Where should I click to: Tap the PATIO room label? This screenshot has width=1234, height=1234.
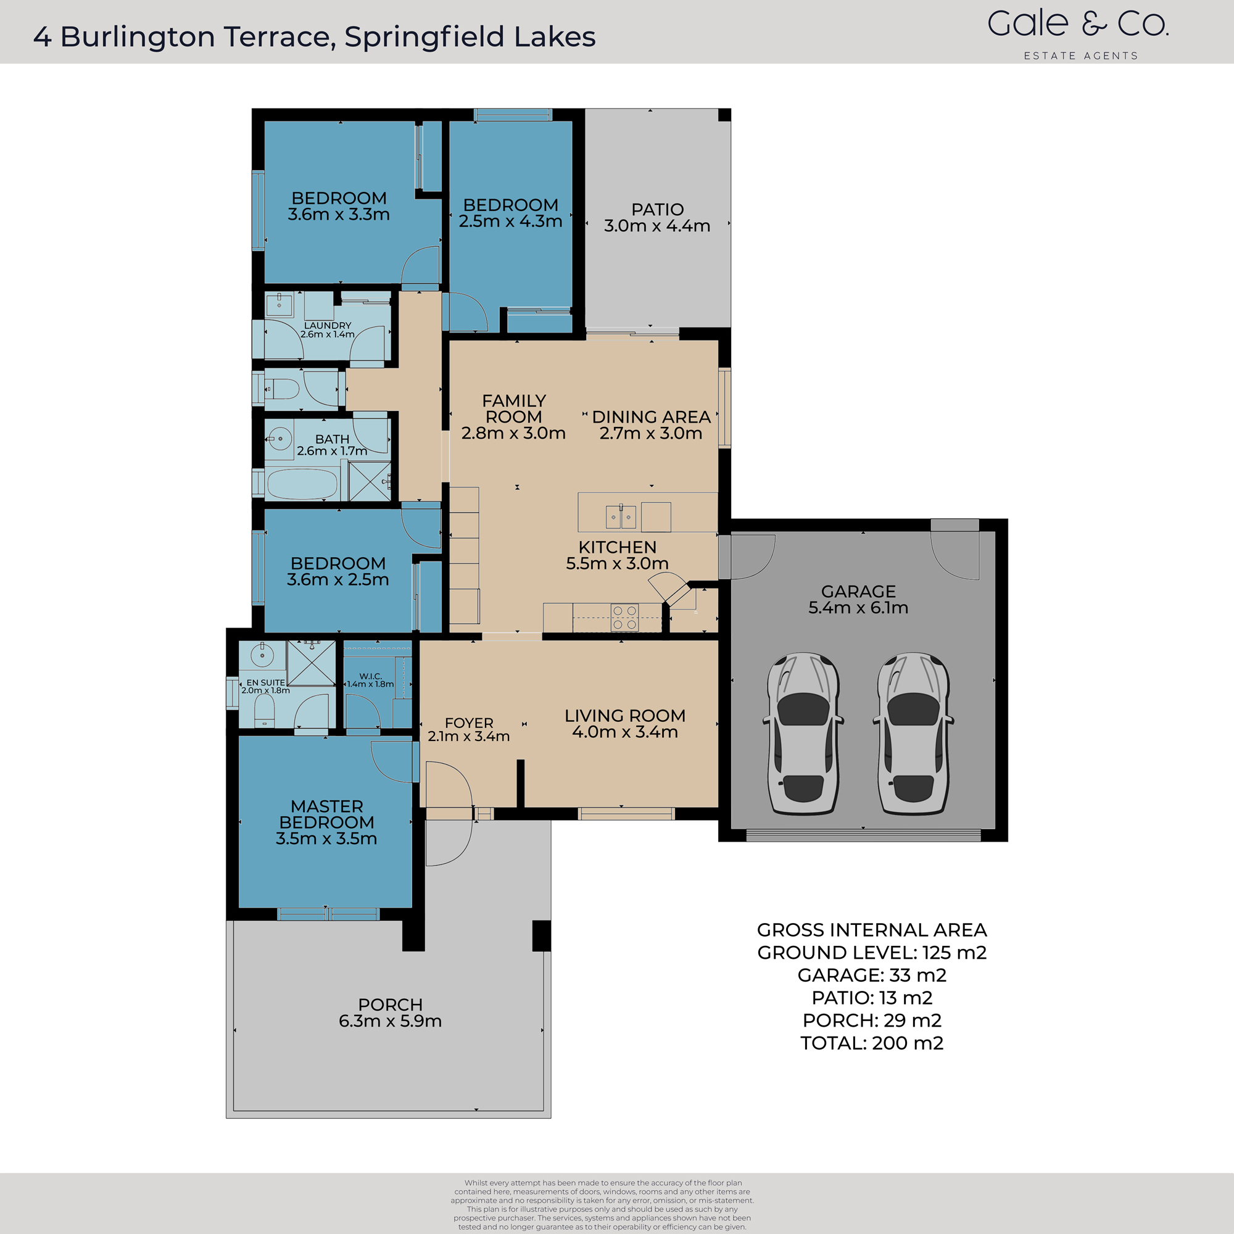tap(657, 210)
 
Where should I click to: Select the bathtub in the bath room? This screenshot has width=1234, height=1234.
tap(302, 484)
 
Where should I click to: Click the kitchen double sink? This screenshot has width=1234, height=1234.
tap(620, 516)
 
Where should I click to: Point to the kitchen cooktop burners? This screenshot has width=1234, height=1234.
tap(624, 617)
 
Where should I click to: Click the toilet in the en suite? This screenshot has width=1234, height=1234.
tap(265, 710)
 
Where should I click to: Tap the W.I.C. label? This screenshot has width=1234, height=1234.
tap(370, 676)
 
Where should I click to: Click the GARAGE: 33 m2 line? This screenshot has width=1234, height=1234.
tap(872, 975)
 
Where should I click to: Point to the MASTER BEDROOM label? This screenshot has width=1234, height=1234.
tap(326, 814)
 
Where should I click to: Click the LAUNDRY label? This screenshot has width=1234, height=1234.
tap(327, 326)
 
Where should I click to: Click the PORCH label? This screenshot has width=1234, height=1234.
tap(391, 1004)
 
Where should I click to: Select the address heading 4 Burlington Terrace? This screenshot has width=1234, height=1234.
tap(314, 37)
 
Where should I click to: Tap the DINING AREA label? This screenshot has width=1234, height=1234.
tap(651, 417)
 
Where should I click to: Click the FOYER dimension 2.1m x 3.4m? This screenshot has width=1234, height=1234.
tap(468, 737)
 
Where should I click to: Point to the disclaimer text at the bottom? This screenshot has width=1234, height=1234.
tap(602, 1204)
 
